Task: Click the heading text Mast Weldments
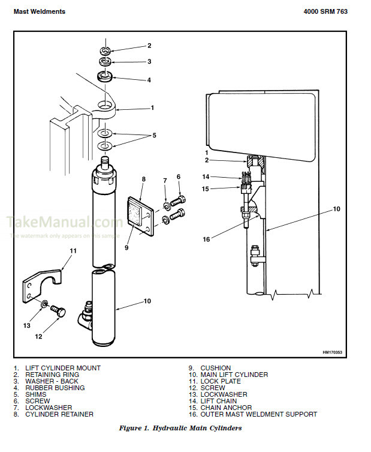tap(40, 11)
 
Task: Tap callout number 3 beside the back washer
tap(149, 61)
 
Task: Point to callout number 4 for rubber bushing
tap(149, 80)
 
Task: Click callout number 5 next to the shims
tap(154, 136)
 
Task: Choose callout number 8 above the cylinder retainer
tap(144, 179)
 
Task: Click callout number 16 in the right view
tap(206, 239)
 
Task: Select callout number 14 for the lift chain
tap(206, 176)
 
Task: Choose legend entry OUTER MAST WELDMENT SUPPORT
tap(258, 414)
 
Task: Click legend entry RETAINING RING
tap(54, 375)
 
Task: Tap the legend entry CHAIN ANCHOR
tap(226, 408)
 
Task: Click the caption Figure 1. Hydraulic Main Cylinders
tap(180, 428)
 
